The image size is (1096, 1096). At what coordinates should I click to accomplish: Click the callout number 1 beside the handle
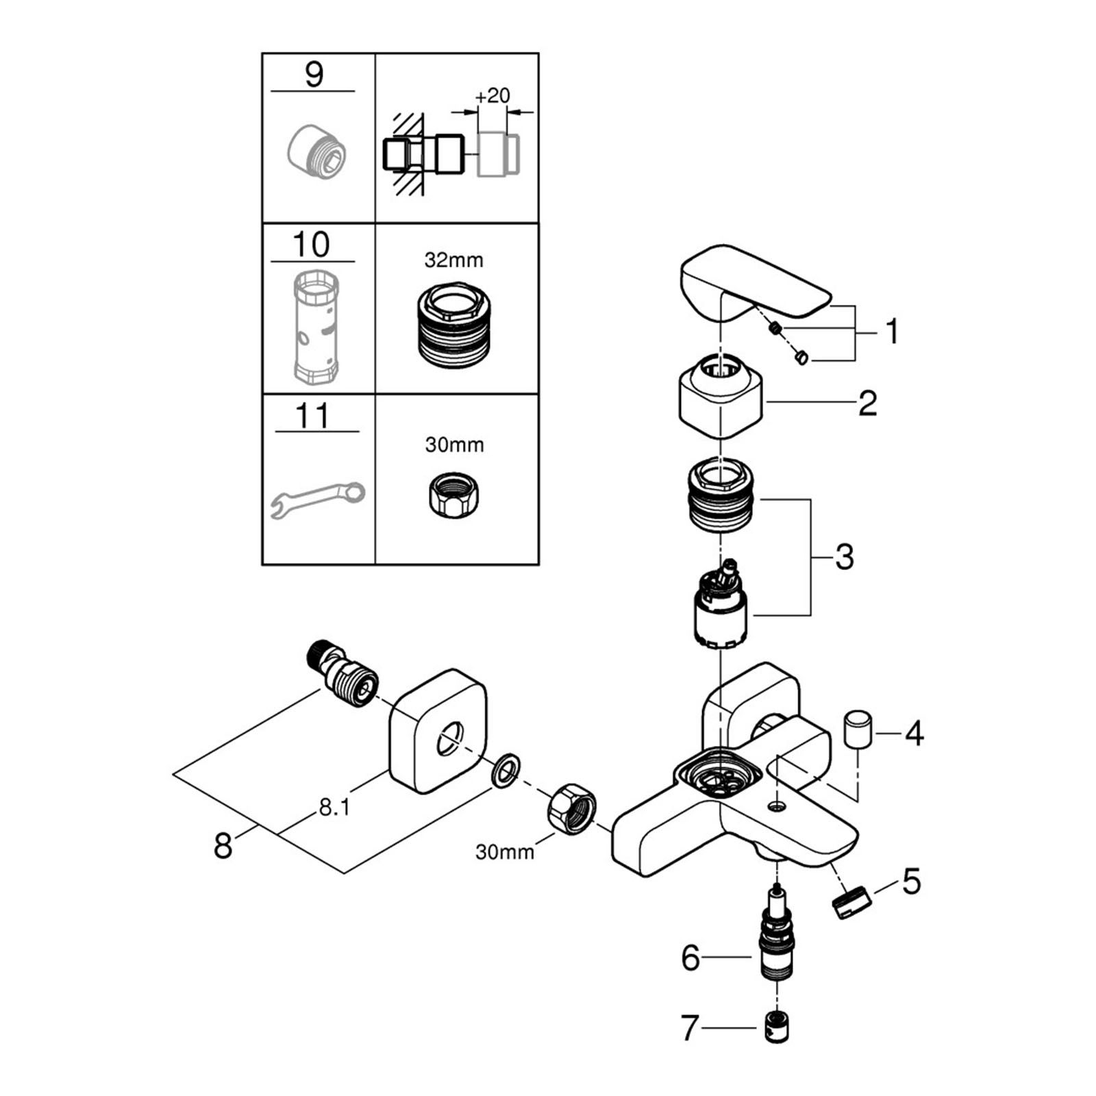891,332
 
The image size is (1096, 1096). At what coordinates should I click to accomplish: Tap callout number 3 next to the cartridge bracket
844,557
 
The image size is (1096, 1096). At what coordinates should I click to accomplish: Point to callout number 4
914,734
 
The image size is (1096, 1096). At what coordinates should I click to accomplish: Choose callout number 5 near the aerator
911,882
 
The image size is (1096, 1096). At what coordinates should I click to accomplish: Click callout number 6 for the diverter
690,958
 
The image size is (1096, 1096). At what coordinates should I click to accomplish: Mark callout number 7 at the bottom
689,1028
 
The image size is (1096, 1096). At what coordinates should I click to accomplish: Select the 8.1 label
334,808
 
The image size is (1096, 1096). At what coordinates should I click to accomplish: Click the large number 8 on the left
223,846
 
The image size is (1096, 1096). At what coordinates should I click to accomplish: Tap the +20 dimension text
493,95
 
